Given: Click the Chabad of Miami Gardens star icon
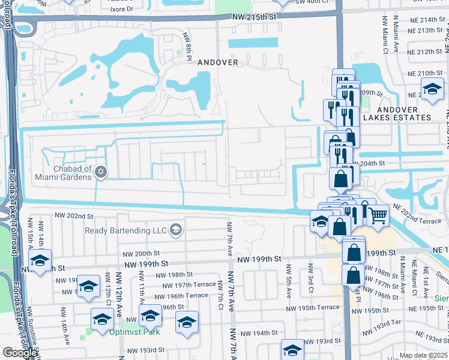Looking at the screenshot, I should [101, 173].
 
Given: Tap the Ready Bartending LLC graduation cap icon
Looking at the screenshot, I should [175, 230].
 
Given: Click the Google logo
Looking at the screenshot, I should [20, 353].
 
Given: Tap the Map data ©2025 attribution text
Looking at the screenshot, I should [423, 355].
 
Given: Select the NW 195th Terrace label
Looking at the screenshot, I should [312, 307].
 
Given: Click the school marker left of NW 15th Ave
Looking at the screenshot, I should [40, 262].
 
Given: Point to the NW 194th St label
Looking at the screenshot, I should [259, 332].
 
